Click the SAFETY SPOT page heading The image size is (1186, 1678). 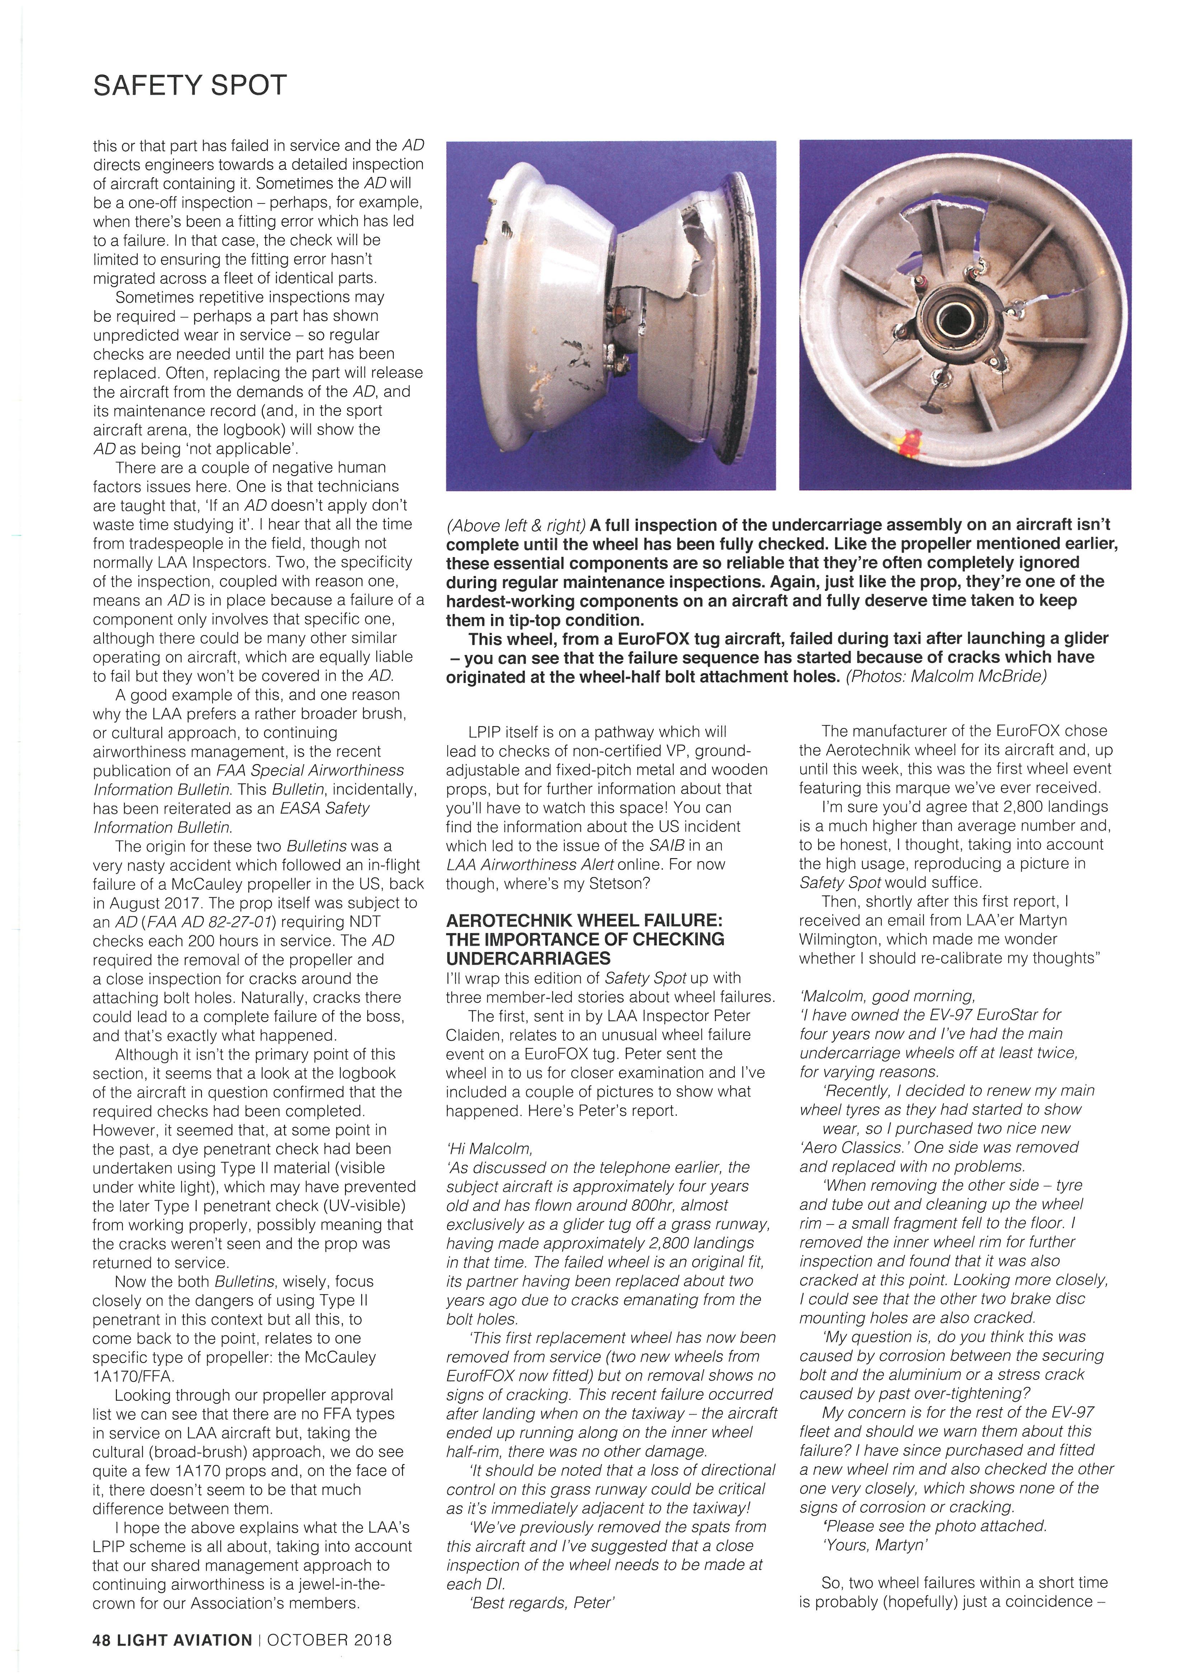(x=190, y=85)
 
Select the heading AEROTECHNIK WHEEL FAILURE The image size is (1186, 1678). (x=585, y=920)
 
